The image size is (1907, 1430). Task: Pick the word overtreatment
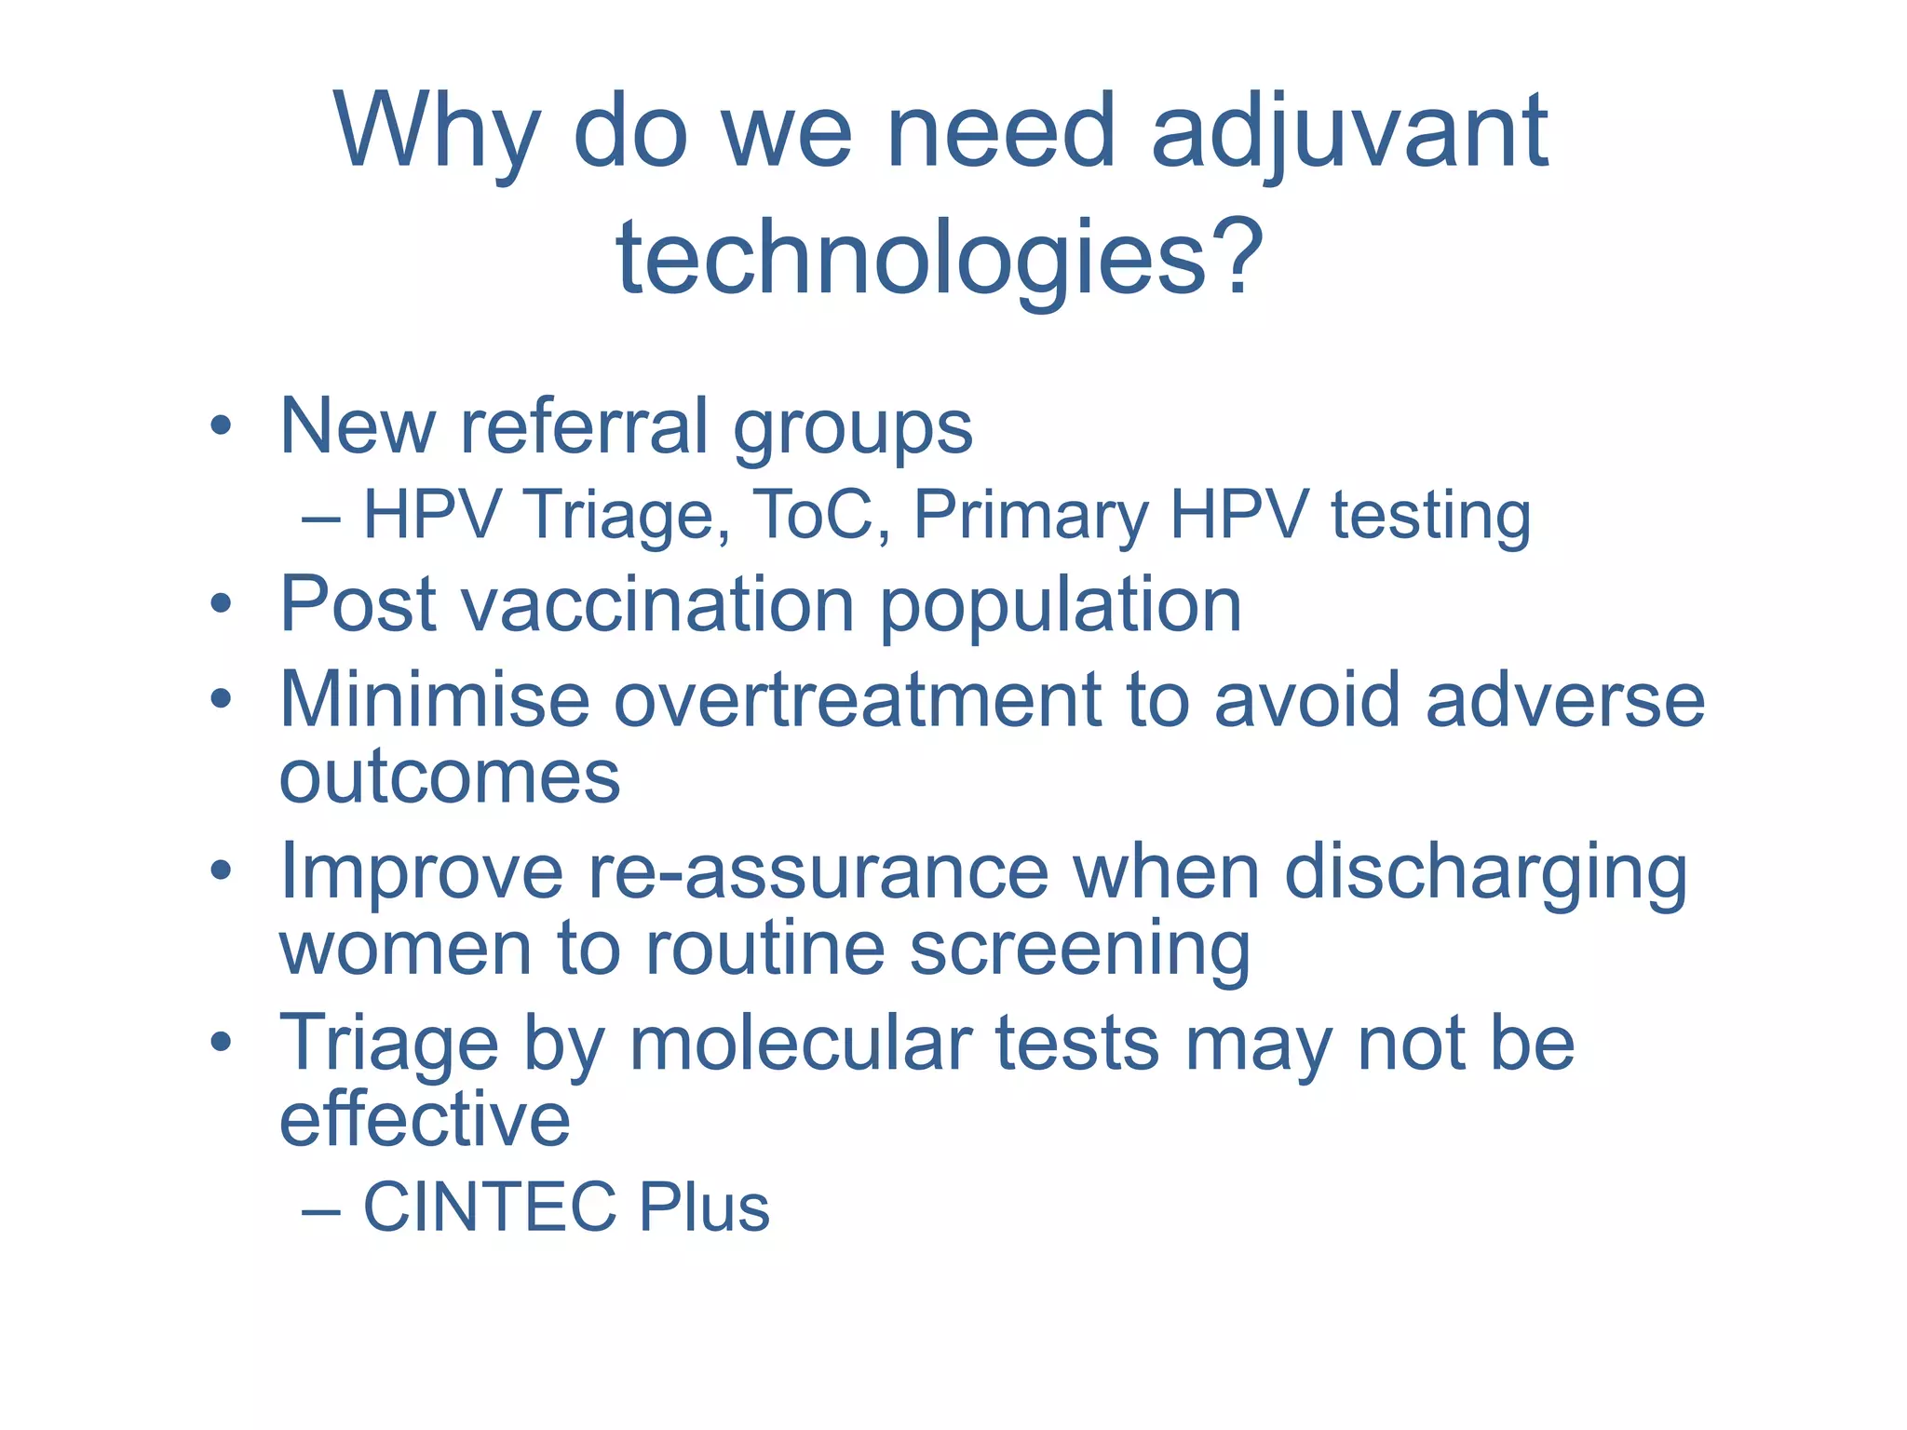click(857, 699)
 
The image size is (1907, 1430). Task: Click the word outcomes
click(450, 777)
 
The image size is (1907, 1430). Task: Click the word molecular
click(801, 1044)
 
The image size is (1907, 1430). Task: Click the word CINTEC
click(488, 1207)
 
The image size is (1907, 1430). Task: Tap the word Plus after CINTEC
click(704, 1207)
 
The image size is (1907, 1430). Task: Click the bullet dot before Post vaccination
click(221, 605)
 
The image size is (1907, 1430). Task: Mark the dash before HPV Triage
click(321, 518)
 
